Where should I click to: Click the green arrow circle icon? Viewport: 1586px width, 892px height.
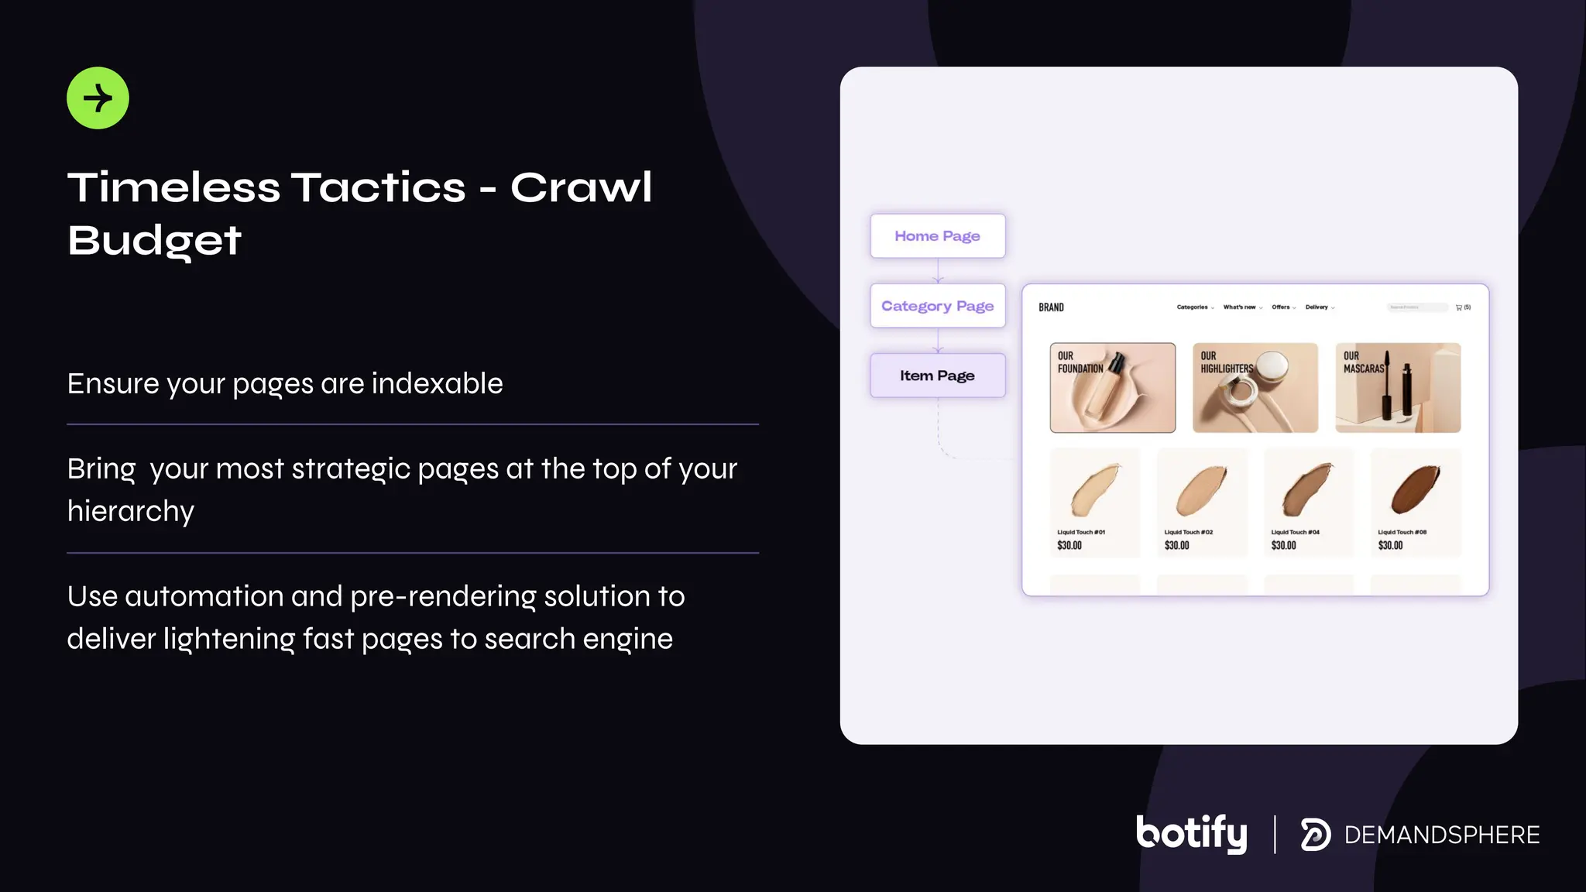click(98, 98)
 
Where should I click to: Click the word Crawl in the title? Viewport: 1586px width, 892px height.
click(581, 188)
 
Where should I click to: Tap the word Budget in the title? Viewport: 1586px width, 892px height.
click(154, 241)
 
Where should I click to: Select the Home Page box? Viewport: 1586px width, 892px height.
click(937, 236)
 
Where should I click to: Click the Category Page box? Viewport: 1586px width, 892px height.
click(937, 306)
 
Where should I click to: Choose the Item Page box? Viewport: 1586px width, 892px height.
click(937, 376)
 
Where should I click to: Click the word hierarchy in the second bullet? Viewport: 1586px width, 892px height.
click(131, 511)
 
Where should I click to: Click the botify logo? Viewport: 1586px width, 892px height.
click(1191, 834)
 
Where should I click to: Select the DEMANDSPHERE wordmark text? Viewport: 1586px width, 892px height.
click(1441, 835)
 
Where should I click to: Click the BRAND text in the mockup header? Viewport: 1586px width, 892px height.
click(1051, 307)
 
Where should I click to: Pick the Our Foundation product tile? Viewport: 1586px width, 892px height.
click(1112, 388)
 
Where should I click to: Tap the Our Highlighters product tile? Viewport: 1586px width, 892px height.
click(1255, 388)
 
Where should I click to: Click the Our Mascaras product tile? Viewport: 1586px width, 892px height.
click(1398, 388)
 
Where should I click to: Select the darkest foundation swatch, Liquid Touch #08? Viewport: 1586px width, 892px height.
click(1415, 490)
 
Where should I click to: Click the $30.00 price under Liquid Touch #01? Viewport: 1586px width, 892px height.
click(1069, 546)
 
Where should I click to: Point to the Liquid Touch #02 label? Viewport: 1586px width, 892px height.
click(1188, 532)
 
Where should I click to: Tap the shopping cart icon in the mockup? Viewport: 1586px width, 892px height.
click(1459, 307)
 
